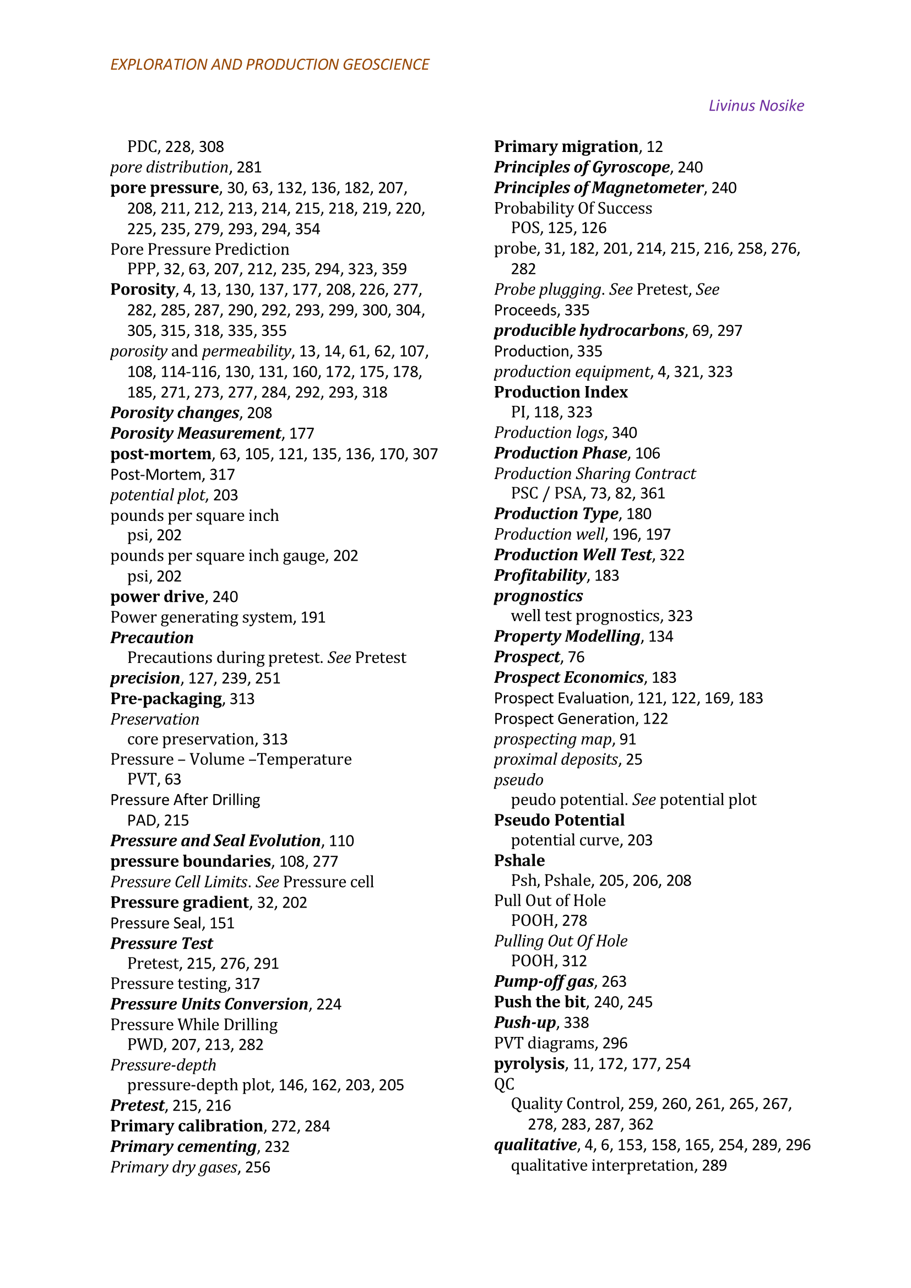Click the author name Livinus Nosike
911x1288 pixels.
[756, 106]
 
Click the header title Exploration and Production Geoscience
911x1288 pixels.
[269, 64]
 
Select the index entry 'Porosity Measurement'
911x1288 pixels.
[195, 433]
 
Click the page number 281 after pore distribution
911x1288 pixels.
[249, 167]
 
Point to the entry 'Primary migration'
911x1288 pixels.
[566, 146]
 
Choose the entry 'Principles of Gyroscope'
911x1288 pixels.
[582, 167]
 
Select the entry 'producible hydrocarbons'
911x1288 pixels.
[589, 330]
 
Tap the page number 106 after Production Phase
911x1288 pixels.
[648, 453]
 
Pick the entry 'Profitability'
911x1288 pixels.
[540, 575]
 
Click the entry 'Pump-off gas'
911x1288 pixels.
[544, 981]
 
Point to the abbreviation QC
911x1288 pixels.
[504, 1084]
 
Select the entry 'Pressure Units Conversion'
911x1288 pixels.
[209, 1004]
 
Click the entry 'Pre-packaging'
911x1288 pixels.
[166, 698]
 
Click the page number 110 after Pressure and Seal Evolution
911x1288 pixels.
[341, 840]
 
